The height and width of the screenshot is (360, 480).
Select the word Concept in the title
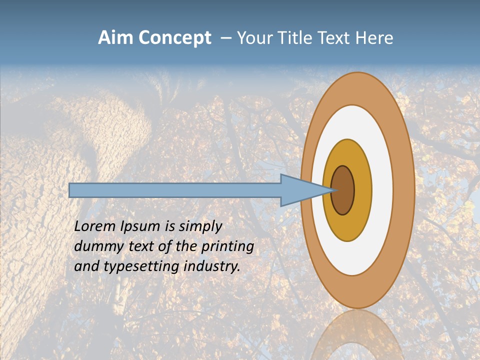(x=175, y=38)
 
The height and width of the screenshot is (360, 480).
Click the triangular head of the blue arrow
(x=300, y=190)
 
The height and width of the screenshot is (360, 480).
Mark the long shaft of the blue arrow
(x=175, y=190)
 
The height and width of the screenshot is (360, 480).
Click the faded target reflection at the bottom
(x=358, y=335)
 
